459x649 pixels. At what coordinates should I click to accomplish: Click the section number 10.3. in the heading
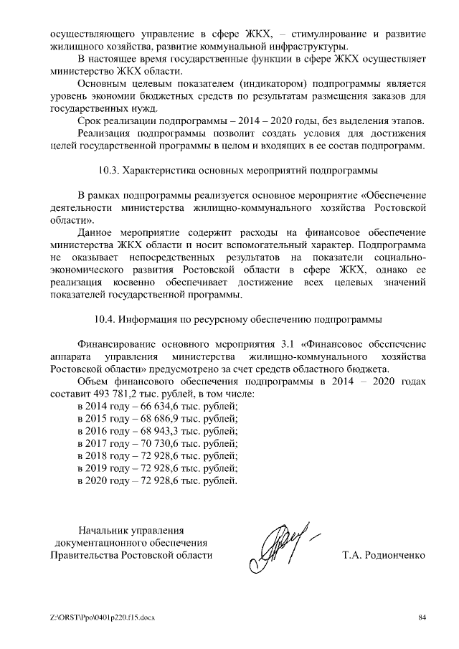click(108, 171)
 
